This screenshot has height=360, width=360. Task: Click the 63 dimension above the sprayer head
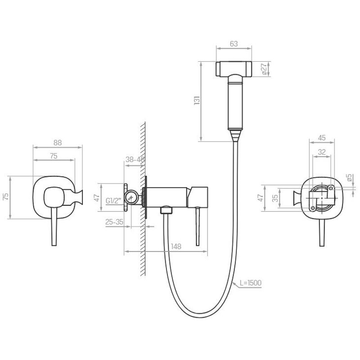[234, 44]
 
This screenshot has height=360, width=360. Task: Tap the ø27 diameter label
[264, 69]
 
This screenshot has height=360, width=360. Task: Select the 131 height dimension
[197, 100]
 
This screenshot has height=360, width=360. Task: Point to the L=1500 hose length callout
[251, 283]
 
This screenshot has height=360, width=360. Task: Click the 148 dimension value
[176, 246]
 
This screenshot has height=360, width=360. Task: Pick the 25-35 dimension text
[114, 222]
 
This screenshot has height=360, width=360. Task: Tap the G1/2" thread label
[113, 201]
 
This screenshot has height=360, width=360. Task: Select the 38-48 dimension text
[135, 159]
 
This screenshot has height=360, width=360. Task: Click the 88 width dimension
[58, 143]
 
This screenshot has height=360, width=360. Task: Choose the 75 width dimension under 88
[54, 156]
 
